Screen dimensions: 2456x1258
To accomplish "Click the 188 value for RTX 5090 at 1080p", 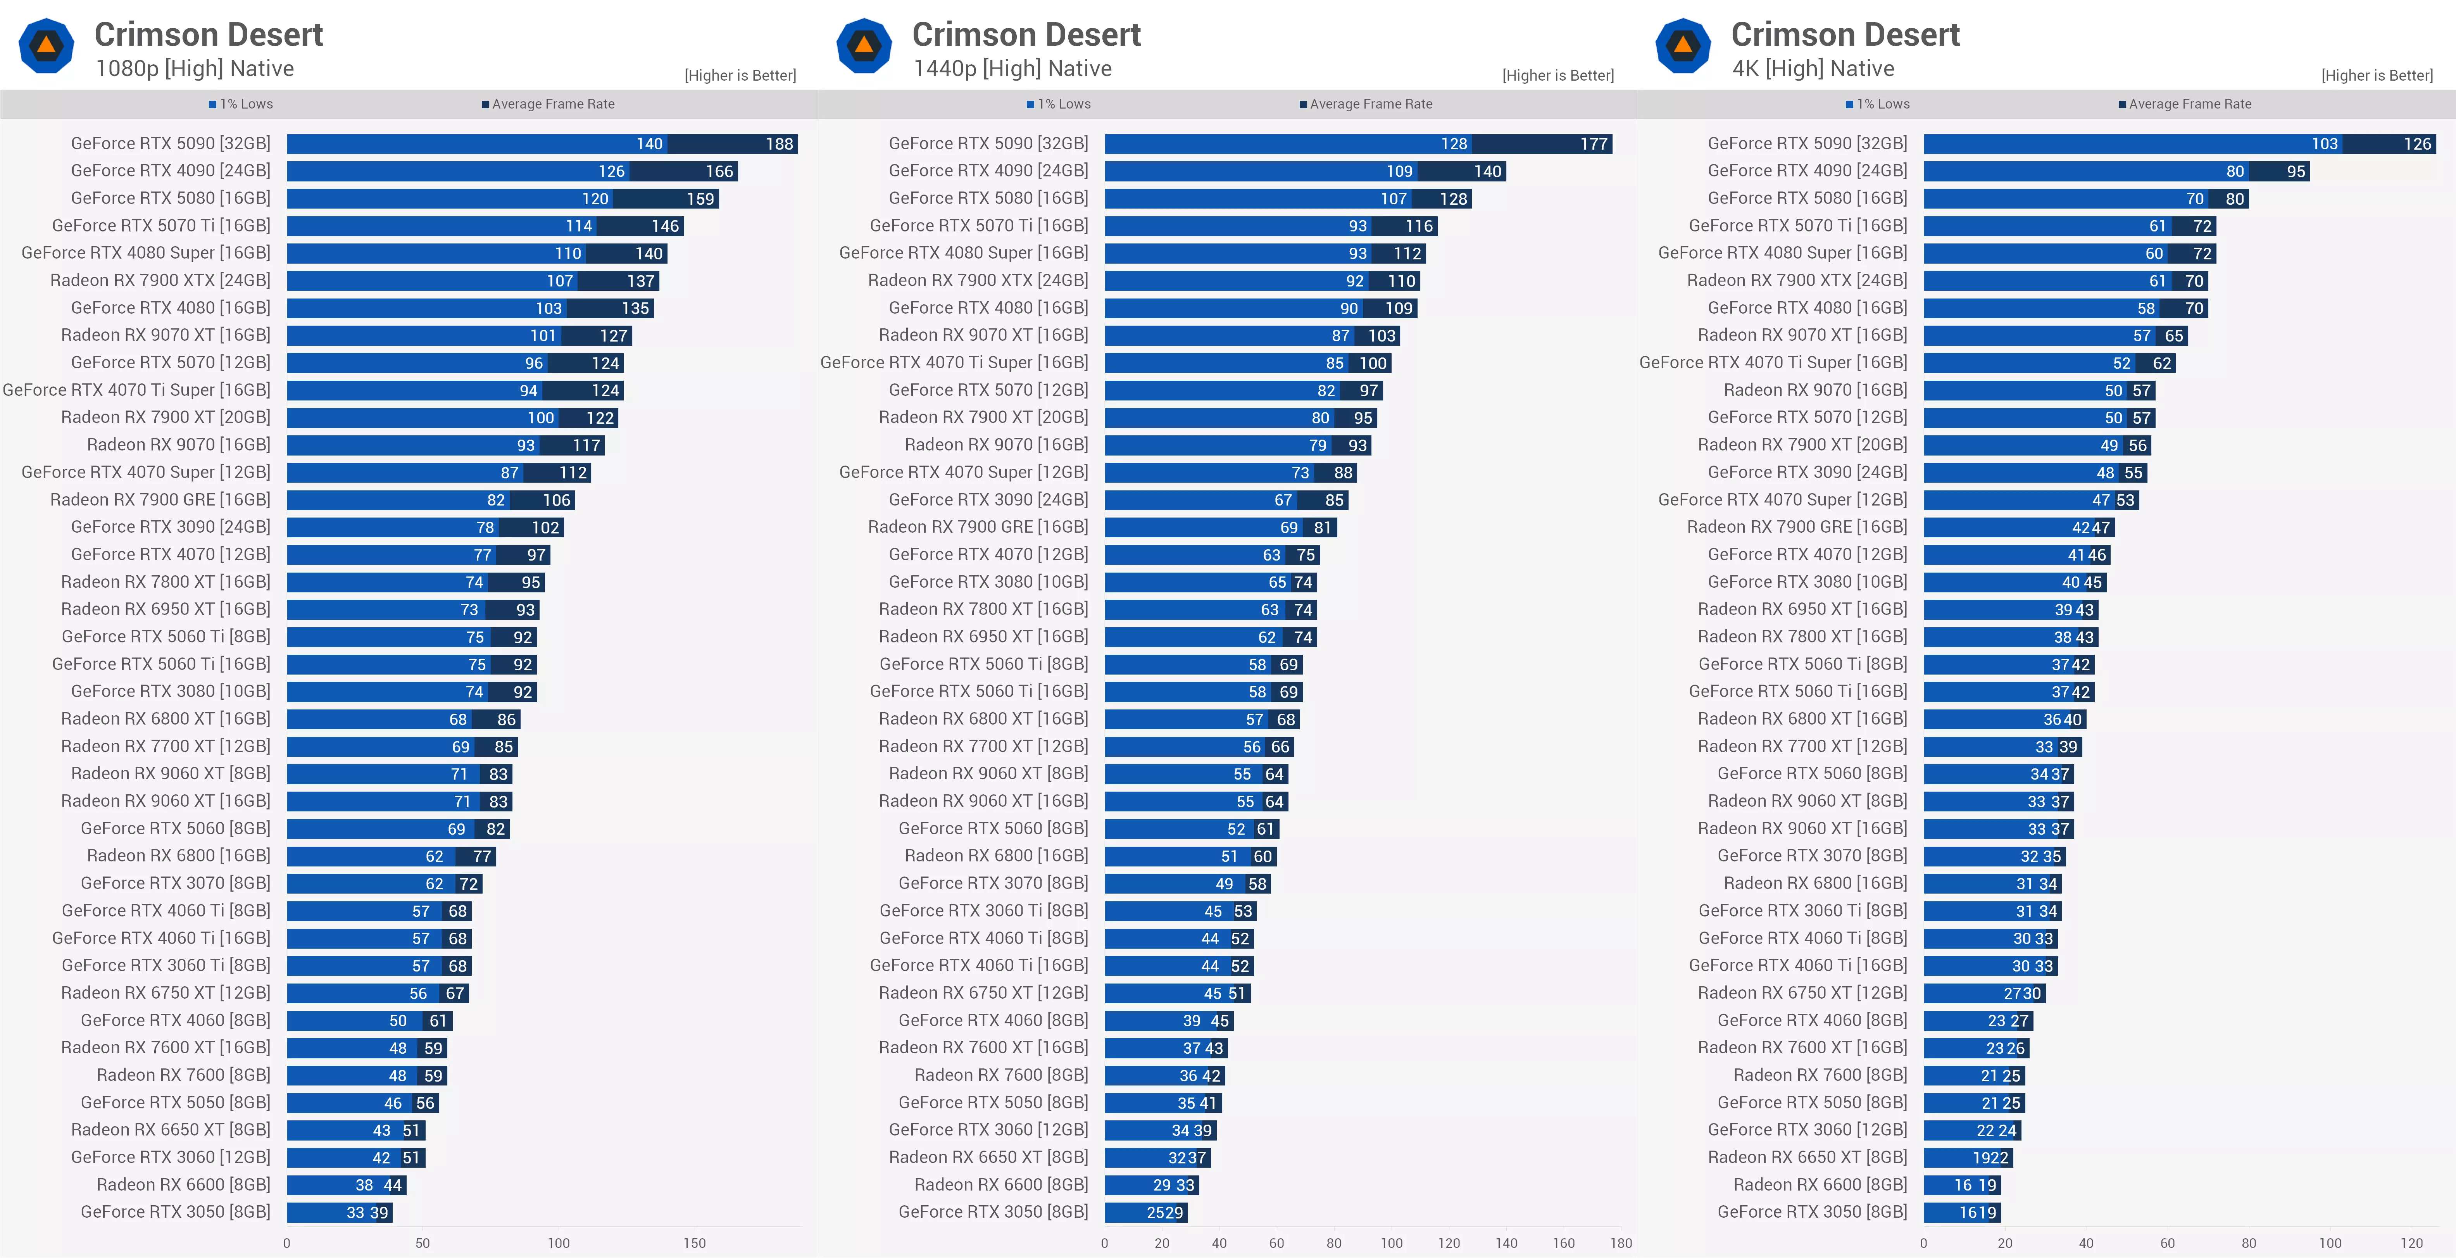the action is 779,144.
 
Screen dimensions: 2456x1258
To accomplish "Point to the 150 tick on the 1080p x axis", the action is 694,1243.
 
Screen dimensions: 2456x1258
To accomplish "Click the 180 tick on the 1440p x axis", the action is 1621,1243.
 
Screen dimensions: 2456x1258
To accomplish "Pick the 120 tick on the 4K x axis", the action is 2411,1243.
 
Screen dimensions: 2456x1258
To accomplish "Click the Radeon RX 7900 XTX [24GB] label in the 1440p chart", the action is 978,280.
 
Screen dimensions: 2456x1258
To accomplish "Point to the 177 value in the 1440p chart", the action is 1593,144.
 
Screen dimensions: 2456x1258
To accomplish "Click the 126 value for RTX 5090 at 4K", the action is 2417,144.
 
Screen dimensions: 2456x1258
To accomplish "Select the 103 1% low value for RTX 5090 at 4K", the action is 2325,144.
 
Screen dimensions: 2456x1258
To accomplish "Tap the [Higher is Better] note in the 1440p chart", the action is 1558,75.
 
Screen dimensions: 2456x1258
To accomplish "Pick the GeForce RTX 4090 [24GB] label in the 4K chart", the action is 1808,171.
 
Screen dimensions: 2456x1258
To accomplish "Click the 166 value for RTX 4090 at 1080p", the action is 719,172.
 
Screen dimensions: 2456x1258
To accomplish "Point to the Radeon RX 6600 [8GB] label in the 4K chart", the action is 1820,1185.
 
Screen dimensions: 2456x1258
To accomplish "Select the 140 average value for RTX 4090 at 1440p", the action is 1487,172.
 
